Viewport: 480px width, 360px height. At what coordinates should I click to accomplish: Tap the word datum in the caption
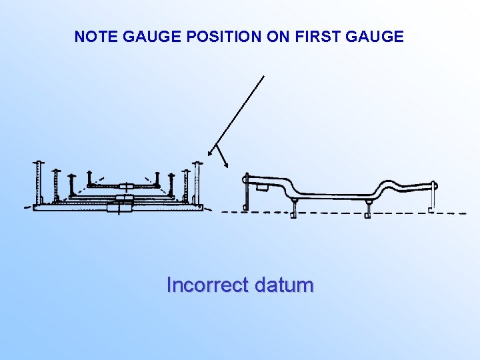(284, 285)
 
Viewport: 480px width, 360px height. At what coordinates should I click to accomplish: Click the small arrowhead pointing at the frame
(225, 162)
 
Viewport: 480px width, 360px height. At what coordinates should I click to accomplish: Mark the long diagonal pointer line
(237, 113)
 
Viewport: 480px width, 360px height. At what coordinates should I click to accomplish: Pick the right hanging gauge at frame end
(433, 197)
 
